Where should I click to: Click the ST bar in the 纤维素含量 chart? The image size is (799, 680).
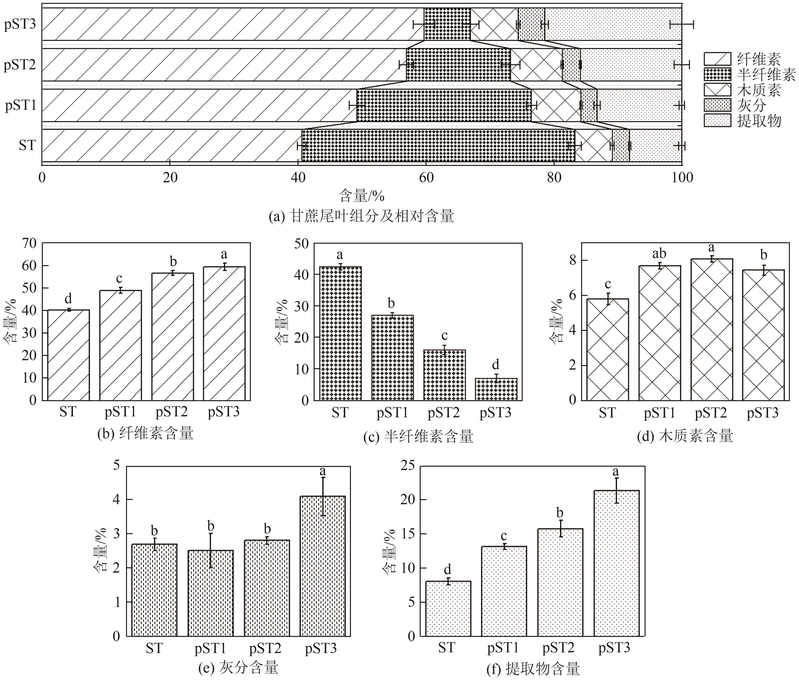click(x=69, y=355)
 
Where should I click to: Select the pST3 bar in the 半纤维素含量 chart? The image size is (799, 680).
click(x=496, y=389)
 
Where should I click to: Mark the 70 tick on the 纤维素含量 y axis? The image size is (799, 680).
click(x=29, y=243)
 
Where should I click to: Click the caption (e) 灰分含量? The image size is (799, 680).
click(x=238, y=668)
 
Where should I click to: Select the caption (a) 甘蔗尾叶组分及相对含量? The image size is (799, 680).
click(x=361, y=216)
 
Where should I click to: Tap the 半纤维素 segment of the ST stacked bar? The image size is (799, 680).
click(x=438, y=146)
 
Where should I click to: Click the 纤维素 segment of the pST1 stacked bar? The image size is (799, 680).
click(x=199, y=105)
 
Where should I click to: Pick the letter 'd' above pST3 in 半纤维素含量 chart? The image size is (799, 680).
click(x=495, y=364)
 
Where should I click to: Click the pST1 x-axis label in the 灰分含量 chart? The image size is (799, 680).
click(x=210, y=648)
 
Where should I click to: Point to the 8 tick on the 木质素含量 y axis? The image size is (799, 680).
click(x=573, y=261)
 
